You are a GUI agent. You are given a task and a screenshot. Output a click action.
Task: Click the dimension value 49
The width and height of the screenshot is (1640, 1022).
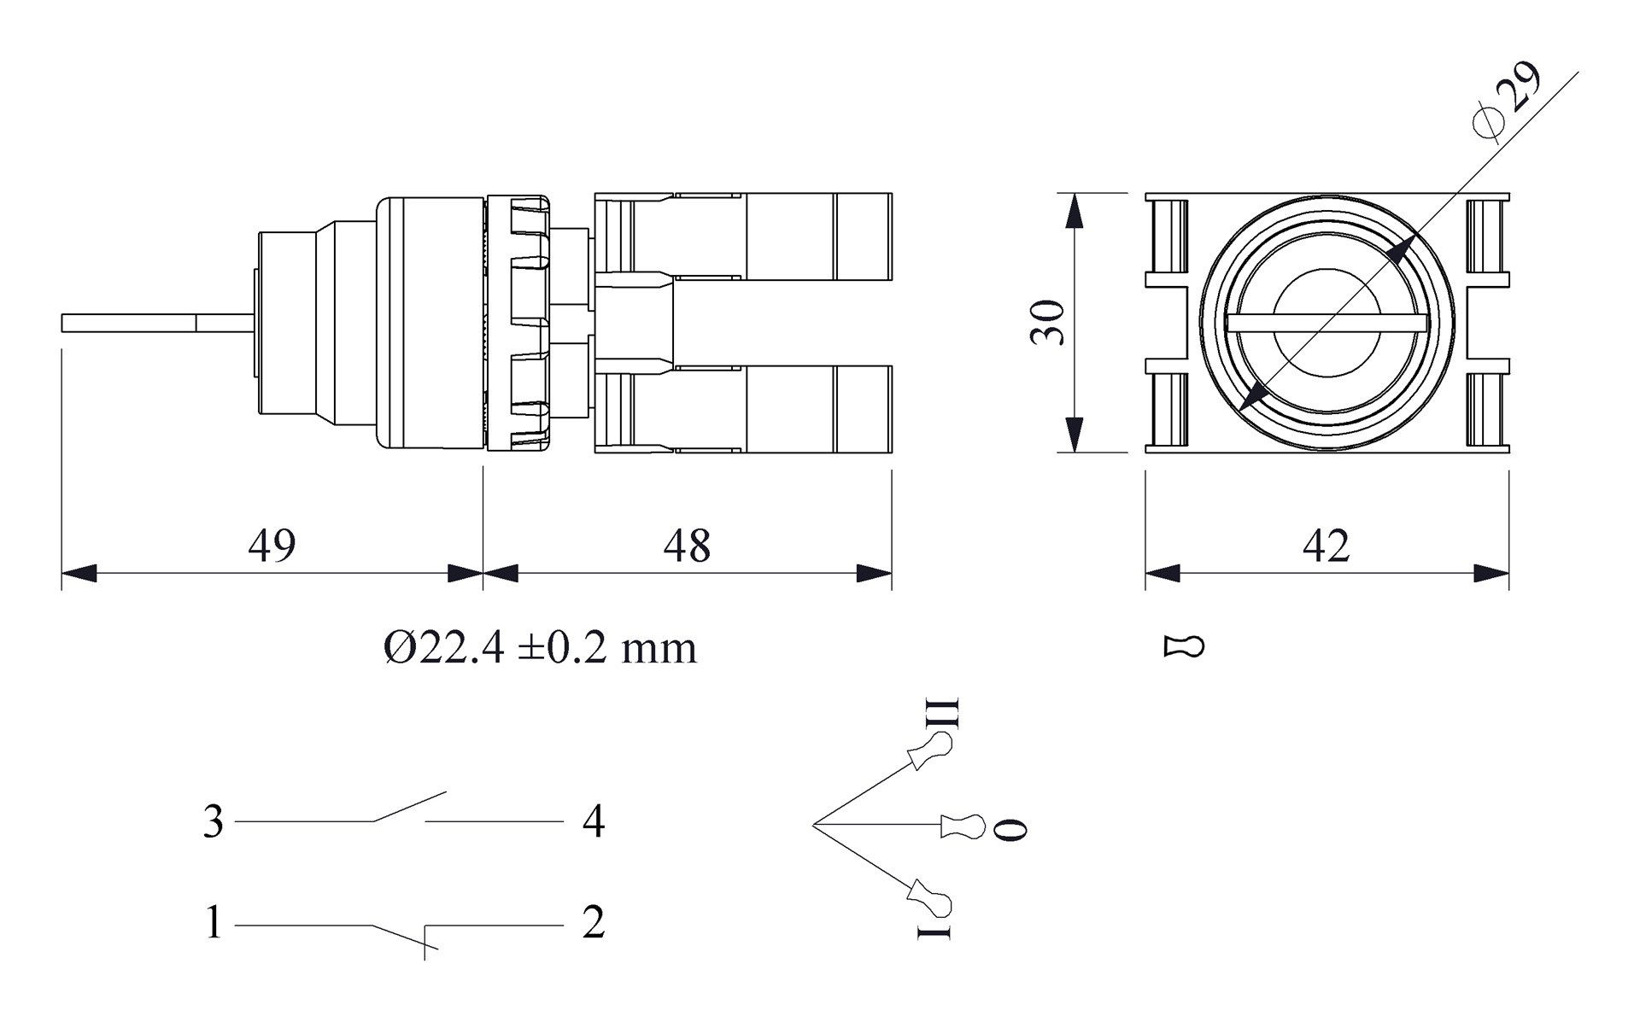click(x=272, y=545)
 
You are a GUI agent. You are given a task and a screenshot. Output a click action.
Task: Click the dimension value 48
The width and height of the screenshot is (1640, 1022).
click(x=687, y=545)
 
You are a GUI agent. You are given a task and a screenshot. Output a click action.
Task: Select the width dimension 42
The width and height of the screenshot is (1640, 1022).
click(x=1326, y=545)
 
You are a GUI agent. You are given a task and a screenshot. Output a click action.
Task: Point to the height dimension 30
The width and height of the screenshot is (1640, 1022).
click(x=1047, y=322)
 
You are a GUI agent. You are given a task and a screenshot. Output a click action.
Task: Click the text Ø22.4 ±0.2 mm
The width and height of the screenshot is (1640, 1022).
click(x=540, y=648)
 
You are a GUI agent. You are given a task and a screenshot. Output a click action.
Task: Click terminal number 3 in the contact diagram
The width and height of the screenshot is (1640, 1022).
click(x=213, y=821)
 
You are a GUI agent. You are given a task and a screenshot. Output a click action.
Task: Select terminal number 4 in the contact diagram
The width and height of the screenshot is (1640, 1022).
click(x=594, y=821)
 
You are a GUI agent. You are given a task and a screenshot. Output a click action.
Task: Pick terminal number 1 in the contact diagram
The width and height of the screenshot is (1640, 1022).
click(x=213, y=923)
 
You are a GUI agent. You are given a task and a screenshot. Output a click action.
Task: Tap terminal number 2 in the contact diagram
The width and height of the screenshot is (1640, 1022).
click(x=594, y=923)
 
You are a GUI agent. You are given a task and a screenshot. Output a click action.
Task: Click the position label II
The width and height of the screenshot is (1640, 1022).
click(x=944, y=713)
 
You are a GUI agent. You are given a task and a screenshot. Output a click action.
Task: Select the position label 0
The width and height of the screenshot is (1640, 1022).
click(x=1012, y=828)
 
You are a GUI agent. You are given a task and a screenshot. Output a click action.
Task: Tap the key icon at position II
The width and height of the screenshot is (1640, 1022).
click(x=931, y=751)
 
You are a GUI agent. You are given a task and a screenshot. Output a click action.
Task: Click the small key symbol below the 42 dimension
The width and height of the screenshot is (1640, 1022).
click(x=1184, y=646)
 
